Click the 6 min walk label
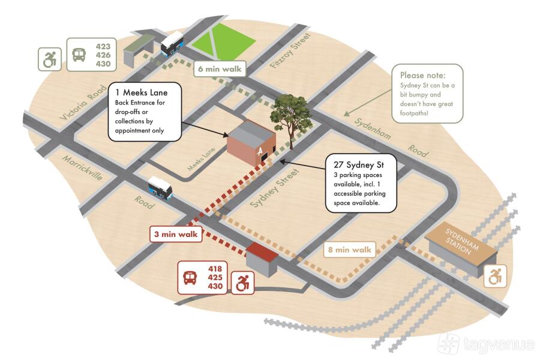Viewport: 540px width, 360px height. (219, 69)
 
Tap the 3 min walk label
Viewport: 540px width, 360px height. (176, 234)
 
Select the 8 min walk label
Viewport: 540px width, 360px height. (350, 249)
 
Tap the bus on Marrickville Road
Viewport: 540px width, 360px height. (160, 187)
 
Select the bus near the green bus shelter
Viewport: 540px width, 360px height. (172, 43)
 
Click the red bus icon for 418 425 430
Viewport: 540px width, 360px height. (190, 278)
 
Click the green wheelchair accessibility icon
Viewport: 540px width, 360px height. (49, 59)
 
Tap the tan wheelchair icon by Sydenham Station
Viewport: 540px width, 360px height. (496, 277)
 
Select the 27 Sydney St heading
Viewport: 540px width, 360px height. (358, 164)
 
